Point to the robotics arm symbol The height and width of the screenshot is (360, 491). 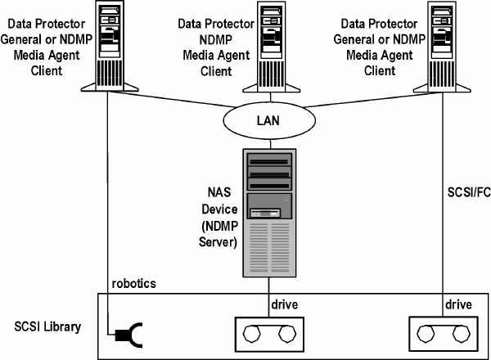click(124, 334)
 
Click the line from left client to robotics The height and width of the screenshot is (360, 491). click(108, 205)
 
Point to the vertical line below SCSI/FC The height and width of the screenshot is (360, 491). click(443, 245)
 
